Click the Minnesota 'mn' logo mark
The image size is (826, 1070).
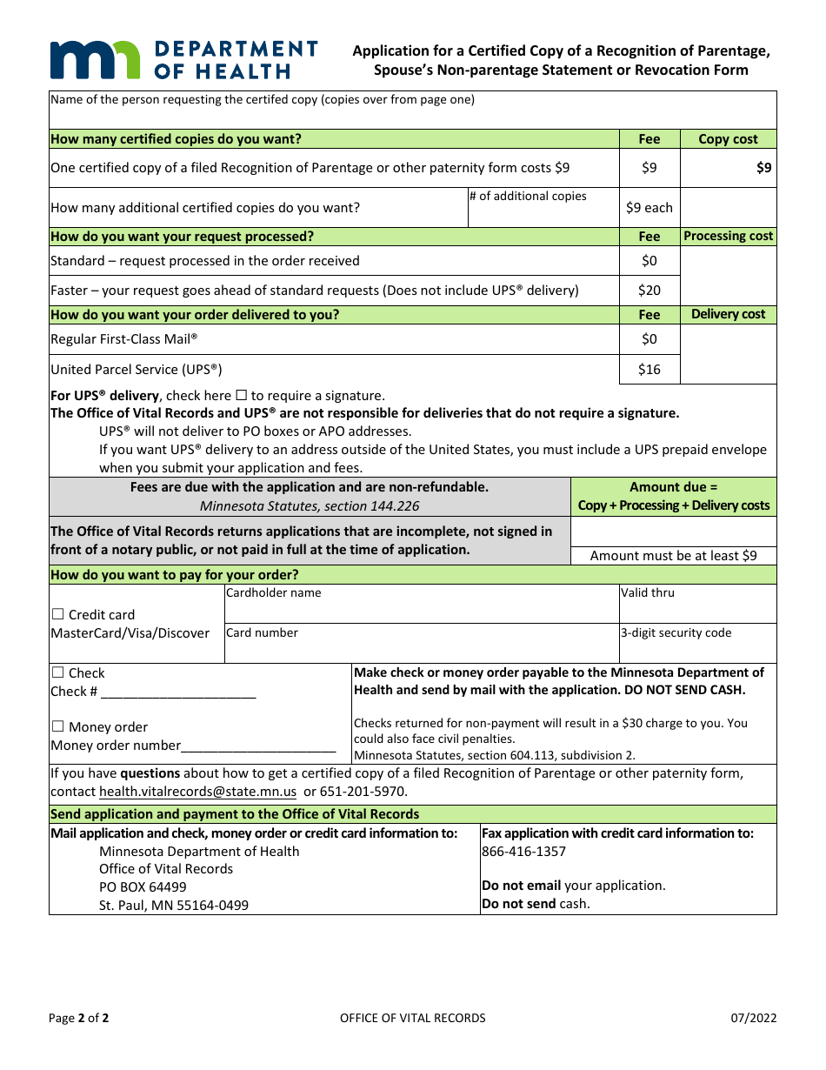tap(95, 59)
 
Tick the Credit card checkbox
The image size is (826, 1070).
tap(58, 614)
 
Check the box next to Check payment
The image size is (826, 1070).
tap(58, 672)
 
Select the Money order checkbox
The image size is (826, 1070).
tap(58, 726)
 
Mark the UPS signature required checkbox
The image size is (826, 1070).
tap(242, 396)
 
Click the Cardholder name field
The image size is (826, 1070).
tap(421, 608)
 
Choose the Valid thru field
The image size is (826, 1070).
tap(697, 608)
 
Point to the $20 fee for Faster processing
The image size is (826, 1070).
tap(649, 291)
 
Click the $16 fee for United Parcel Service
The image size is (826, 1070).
tap(649, 370)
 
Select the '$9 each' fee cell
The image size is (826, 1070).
tap(649, 208)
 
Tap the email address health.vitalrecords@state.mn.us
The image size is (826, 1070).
tap(197, 792)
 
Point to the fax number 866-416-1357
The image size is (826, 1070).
tap(523, 852)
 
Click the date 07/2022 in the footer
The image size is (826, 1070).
tap(754, 1018)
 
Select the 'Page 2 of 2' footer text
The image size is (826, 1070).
tap(78, 1018)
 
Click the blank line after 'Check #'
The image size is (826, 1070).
tap(178, 692)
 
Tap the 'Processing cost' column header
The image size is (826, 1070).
tap(728, 237)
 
